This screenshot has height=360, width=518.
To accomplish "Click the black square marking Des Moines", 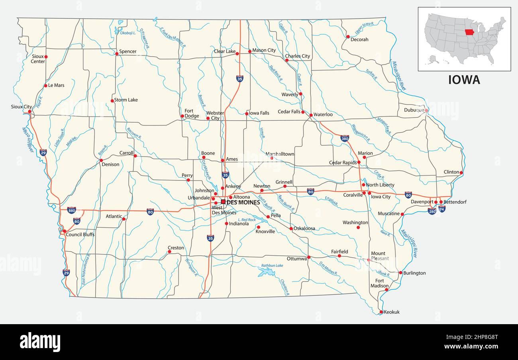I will tap(223, 202).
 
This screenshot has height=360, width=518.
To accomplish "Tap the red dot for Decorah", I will tap(348, 37).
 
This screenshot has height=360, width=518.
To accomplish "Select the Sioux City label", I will tap(22, 107).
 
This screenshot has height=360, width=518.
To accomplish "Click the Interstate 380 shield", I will tap(345, 138).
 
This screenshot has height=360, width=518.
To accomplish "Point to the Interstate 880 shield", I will tap(72, 210).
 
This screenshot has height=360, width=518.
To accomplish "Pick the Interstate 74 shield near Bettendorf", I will tap(441, 208).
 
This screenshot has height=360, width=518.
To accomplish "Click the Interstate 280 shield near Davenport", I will tap(432, 211).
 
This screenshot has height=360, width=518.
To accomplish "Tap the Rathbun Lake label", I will tap(272, 266).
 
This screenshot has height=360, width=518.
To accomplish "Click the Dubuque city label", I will tap(414, 110).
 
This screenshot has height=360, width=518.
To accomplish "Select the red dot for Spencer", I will tap(116, 53).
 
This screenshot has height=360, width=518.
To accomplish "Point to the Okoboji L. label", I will tap(128, 33).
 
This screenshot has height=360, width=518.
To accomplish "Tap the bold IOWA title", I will tap(464, 80).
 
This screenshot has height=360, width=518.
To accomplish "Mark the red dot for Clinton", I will tap(461, 173).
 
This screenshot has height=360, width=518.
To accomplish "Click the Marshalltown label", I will tap(280, 154).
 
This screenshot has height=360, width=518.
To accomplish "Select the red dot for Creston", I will tap(169, 252).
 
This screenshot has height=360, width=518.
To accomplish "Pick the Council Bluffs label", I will tap(80, 235).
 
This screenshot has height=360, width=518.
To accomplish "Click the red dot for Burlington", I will tap(400, 273).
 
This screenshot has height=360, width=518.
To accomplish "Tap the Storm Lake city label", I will tap(126, 100).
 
